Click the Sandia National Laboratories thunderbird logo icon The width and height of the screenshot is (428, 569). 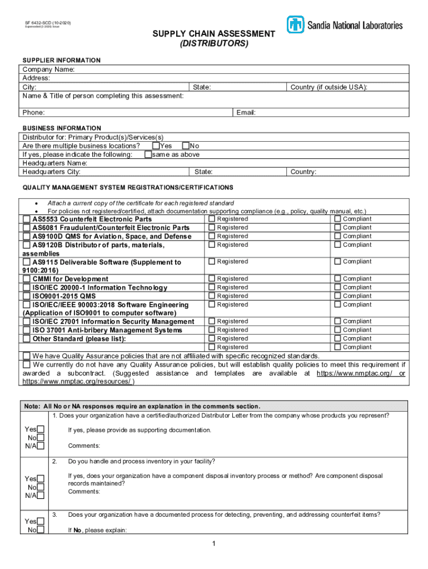pos(295,24)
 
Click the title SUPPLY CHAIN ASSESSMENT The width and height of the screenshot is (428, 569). pos(214,34)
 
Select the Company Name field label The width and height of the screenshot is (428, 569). pos(48,69)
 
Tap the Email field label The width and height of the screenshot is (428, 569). pos(246,113)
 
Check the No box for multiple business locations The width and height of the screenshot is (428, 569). pos(186,146)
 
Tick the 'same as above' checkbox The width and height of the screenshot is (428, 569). pos(148,154)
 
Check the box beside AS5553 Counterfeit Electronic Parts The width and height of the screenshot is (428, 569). pos(27,219)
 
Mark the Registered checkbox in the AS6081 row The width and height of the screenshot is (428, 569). pos(212,228)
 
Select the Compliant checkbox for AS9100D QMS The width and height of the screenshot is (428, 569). pos(337,236)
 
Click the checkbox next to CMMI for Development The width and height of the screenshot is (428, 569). pos(27,279)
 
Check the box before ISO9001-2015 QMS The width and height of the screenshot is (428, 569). pos(27,296)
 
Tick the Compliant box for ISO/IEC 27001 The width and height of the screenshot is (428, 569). pos(337,321)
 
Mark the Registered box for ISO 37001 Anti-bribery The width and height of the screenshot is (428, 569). pos(212,330)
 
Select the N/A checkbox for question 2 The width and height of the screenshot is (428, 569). pos(41,496)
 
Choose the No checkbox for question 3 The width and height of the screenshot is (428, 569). pos(41,530)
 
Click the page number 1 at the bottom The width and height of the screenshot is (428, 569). pos(213,543)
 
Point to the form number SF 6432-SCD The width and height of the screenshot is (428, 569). pos(47,23)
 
